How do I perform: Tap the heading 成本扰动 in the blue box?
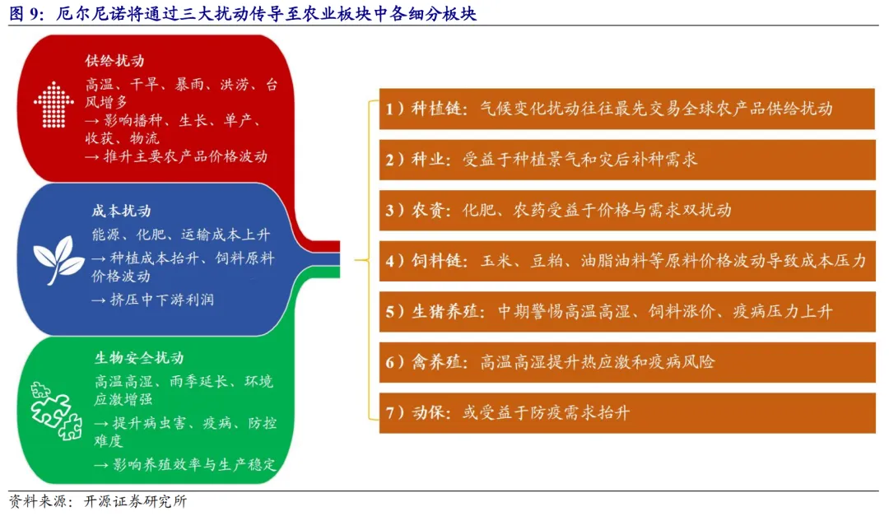[x=121, y=212]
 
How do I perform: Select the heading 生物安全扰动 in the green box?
[x=139, y=358]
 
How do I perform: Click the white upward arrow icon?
[x=54, y=105]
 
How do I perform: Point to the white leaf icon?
[x=58, y=261]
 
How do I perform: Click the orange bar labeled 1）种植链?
[x=626, y=109]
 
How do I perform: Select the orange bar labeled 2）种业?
[x=626, y=160]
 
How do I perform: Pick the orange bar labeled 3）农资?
[x=626, y=210]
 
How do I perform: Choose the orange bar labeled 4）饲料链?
[x=626, y=261]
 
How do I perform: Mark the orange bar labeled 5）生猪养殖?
[x=626, y=312]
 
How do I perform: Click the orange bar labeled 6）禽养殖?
[x=626, y=362]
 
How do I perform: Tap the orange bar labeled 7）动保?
[x=626, y=413]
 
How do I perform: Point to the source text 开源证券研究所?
[x=135, y=501]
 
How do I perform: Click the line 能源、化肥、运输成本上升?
[x=181, y=235]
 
